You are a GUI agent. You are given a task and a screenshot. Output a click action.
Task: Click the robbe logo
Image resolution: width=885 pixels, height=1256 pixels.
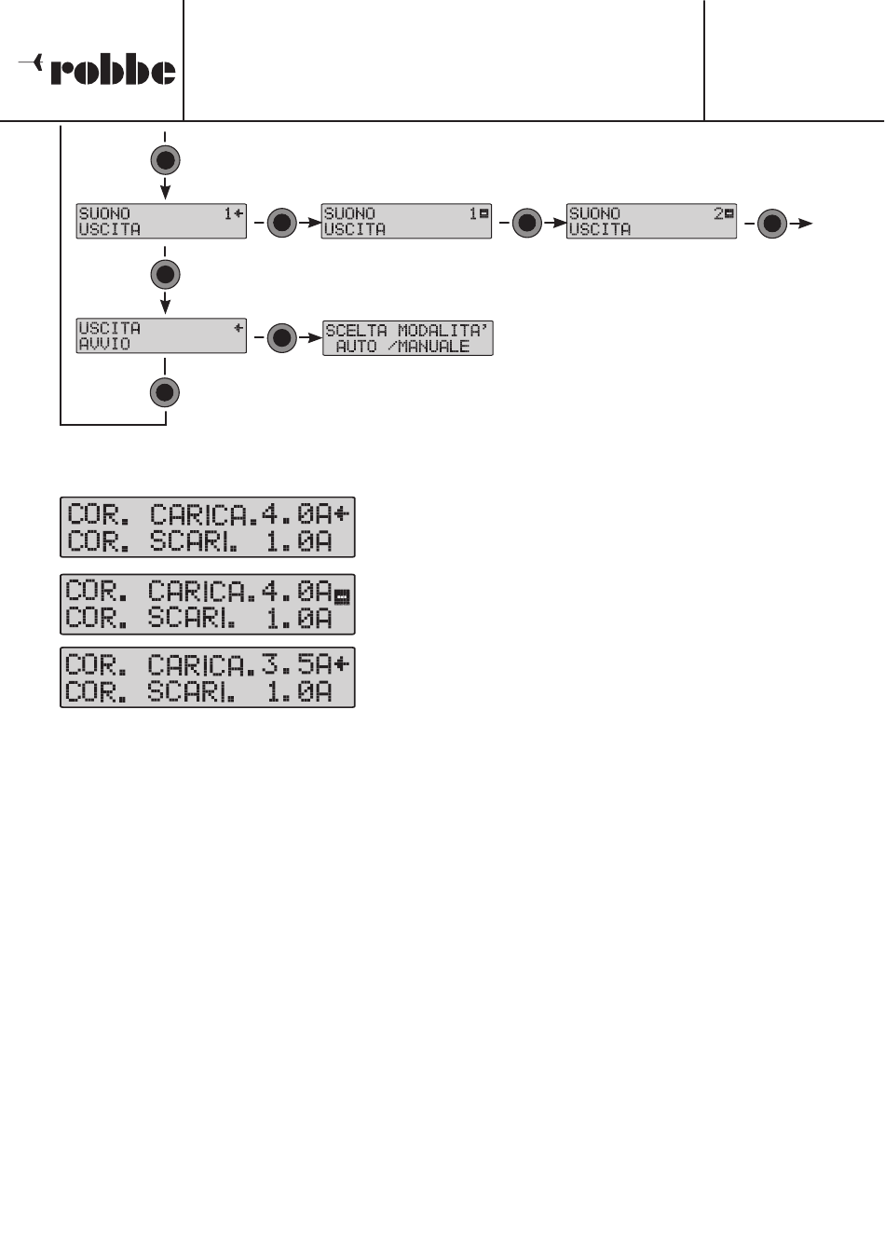(x=98, y=69)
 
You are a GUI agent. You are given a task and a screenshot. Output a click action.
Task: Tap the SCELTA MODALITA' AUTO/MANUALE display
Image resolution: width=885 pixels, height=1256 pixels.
(x=407, y=338)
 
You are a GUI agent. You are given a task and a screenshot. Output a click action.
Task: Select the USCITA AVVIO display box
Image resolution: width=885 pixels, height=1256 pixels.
(x=161, y=335)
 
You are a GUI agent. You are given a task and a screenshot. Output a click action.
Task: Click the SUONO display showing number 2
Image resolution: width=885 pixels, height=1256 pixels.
(x=651, y=222)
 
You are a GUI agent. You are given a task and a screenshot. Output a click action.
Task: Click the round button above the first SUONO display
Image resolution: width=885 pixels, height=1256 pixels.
(x=165, y=160)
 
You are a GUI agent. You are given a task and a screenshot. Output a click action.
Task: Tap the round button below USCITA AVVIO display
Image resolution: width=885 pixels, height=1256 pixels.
(x=165, y=392)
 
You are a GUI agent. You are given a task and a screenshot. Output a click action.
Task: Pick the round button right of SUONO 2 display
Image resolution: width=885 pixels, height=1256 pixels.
(x=772, y=224)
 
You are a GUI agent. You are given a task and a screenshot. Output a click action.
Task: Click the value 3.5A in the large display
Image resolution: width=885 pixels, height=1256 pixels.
(x=295, y=665)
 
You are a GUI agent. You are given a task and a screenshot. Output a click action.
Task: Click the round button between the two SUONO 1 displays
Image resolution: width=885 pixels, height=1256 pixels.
(x=282, y=224)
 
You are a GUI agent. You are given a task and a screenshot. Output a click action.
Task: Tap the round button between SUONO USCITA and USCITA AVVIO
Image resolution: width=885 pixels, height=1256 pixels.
(x=165, y=275)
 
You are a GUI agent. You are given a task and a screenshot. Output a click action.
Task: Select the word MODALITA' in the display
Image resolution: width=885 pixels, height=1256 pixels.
(x=442, y=331)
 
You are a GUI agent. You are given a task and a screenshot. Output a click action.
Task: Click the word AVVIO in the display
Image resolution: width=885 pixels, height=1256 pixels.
(x=104, y=344)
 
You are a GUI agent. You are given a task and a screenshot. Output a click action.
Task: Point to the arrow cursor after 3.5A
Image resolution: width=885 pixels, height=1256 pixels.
(x=343, y=664)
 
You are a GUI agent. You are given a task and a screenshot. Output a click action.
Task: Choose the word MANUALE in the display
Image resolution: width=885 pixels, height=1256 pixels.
(x=434, y=347)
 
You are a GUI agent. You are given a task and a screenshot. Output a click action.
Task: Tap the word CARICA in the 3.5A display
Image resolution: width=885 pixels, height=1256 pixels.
(x=200, y=665)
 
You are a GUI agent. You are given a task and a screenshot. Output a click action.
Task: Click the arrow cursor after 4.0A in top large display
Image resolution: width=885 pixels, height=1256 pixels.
(x=343, y=513)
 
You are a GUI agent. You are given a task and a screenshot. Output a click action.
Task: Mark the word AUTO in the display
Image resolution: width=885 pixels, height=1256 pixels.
(x=356, y=347)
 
